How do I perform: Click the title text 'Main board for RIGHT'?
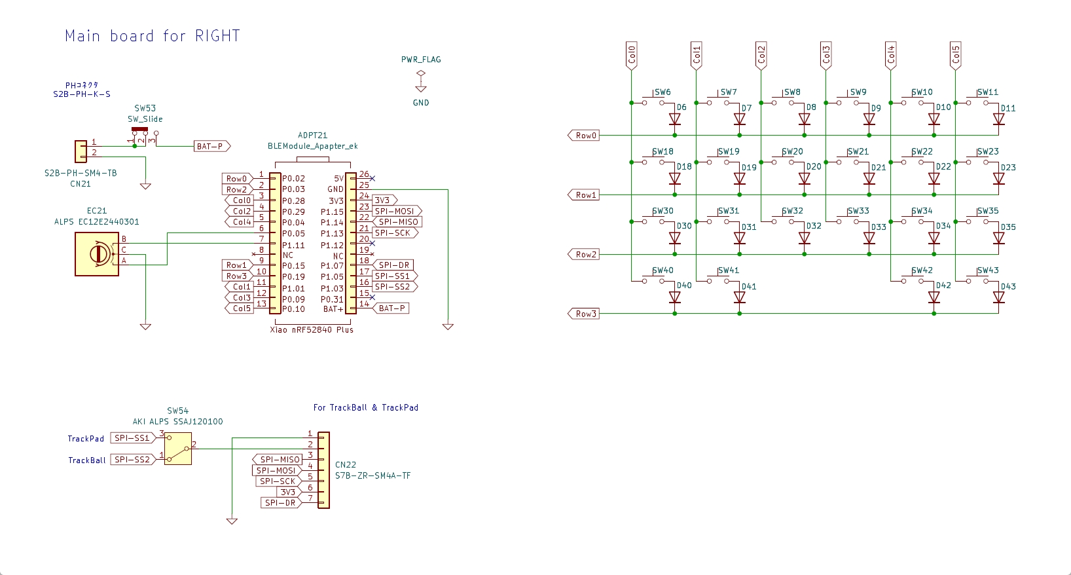point(152,36)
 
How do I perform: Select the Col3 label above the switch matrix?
point(826,54)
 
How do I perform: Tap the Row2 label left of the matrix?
point(584,255)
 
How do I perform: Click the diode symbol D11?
point(998,119)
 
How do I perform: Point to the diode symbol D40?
point(675,297)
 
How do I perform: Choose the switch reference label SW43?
point(987,270)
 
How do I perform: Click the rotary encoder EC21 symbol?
point(97,254)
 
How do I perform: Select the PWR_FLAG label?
point(421,60)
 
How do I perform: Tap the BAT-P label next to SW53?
point(212,147)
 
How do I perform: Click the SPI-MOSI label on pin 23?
point(397,211)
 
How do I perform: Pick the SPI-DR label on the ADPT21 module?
point(393,265)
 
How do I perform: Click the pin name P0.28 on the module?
point(293,201)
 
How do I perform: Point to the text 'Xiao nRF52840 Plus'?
point(312,329)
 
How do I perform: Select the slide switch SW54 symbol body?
point(178,449)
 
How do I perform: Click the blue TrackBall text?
point(86,460)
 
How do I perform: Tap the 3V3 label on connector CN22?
point(289,492)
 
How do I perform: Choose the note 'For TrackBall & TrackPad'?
point(366,407)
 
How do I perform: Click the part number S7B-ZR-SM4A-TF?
point(373,475)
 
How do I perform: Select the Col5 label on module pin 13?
point(240,308)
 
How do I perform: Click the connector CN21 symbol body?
point(81,152)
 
